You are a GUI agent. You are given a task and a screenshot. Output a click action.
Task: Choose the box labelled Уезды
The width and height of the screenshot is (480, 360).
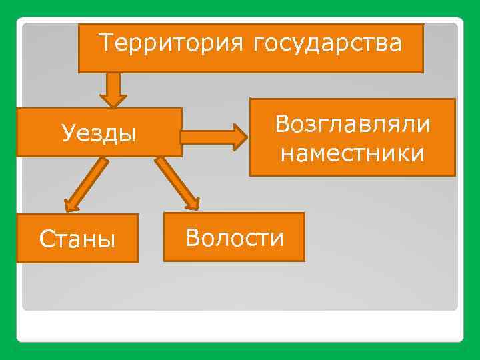(99, 133)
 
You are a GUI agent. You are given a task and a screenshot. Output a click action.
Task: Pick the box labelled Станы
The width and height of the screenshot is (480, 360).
(77, 238)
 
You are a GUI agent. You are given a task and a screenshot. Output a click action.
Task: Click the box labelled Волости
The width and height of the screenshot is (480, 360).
(234, 237)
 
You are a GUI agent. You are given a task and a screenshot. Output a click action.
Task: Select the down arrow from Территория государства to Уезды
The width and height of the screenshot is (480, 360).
(114, 89)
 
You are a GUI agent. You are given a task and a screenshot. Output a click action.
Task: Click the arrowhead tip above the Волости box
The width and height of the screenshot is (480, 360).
(195, 206)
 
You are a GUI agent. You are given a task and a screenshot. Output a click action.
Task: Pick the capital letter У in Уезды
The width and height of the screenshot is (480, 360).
(68, 133)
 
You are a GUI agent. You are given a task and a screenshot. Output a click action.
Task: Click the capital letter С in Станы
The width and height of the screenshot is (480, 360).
(46, 238)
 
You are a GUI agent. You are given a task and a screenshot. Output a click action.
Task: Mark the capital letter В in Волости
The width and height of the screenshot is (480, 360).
(192, 237)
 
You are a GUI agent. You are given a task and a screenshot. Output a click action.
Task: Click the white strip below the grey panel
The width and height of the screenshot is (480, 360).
(240, 327)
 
